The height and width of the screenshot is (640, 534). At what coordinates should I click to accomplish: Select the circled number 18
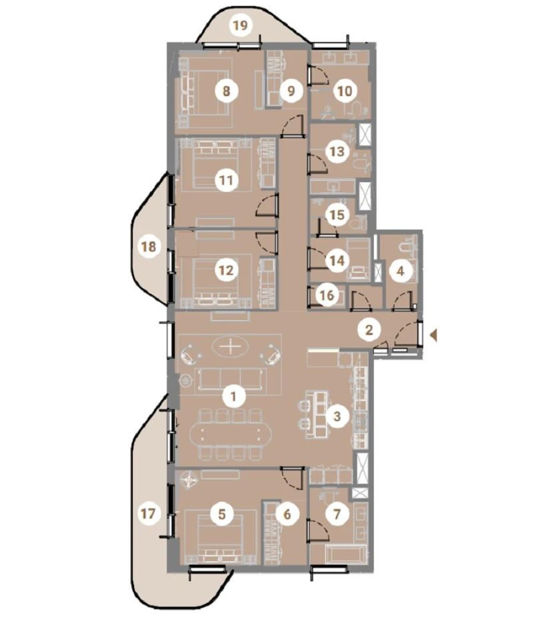click(150, 246)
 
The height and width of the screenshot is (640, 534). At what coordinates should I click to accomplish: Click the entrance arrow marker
click(434, 337)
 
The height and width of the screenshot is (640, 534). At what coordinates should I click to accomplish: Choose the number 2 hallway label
click(369, 330)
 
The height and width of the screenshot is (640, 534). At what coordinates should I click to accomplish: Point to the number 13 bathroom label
click(336, 151)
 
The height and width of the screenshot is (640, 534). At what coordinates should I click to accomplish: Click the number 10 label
click(345, 91)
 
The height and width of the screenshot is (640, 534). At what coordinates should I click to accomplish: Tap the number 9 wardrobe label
click(291, 91)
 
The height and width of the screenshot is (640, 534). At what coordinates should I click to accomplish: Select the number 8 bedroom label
click(227, 91)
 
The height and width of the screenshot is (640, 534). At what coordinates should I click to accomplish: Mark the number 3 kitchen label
click(337, 416)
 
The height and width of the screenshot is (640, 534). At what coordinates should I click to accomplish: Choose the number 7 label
click(338, 514)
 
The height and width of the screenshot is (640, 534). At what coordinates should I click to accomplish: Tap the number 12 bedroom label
click(225, 270)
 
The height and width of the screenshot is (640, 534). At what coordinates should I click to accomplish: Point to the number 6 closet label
click(288, 514)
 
